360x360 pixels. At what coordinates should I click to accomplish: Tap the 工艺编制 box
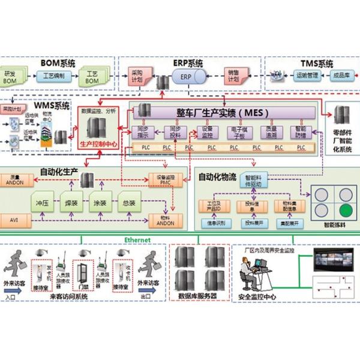(x=57, y=76)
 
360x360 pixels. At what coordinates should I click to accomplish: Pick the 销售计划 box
(x=233, y=77)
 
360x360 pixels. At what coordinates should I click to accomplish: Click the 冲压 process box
(x=43, y=202)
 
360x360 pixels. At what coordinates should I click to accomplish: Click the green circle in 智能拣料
(x=344, y=211)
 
